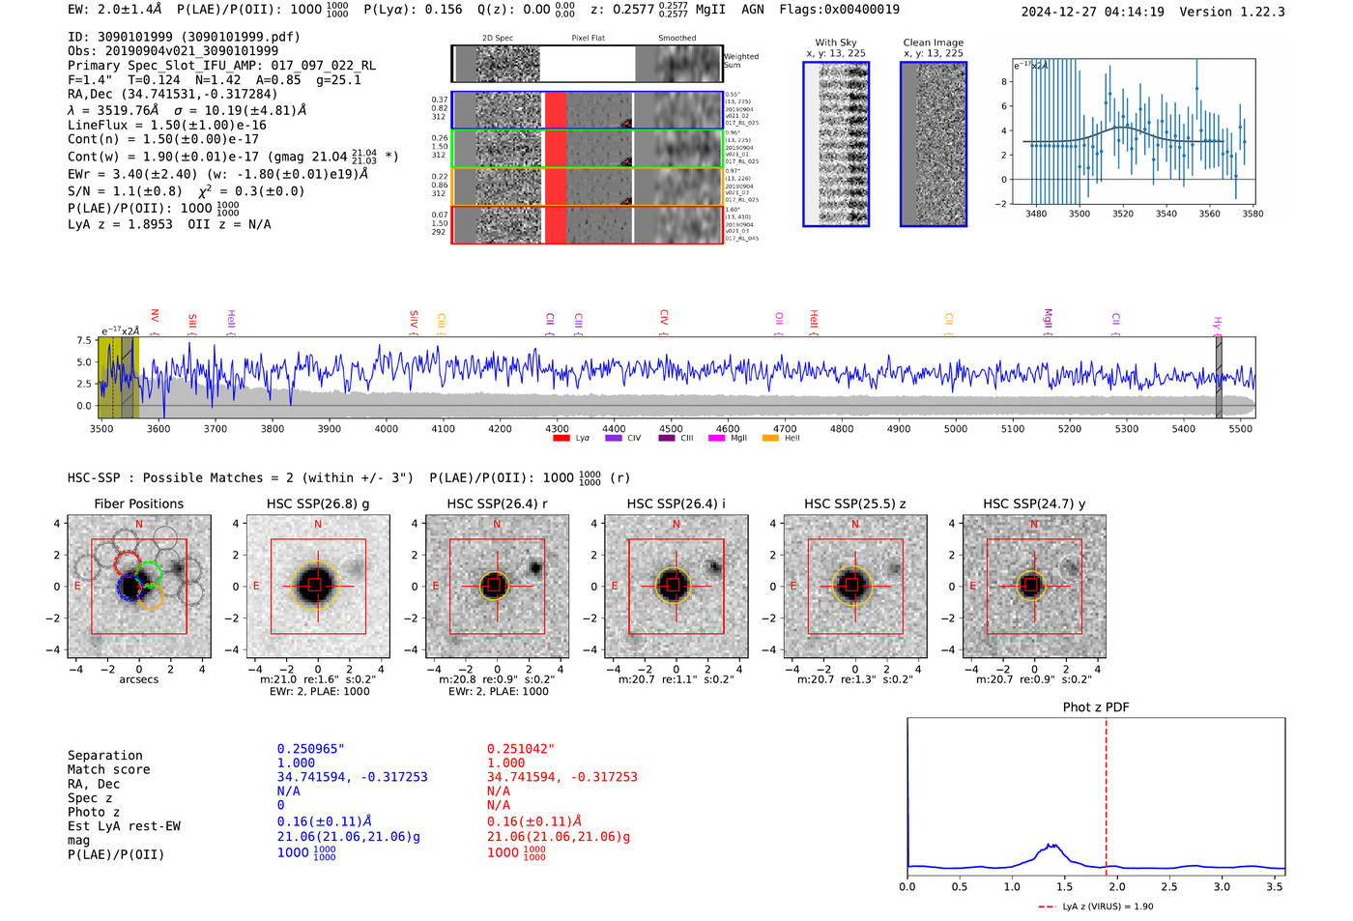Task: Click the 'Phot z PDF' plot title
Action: point(1096,707)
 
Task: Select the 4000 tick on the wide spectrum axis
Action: point(387,429)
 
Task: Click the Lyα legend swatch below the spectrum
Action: point(561,439)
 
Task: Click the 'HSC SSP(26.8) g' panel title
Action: point(318,504)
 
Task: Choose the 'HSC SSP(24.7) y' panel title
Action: point(1034,504)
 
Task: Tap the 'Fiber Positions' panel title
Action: point(138,504)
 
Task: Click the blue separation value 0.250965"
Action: point(311,749)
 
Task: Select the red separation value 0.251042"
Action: point(521,749)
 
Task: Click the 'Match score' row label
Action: point(108,770)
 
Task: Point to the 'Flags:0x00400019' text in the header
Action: point(839,10)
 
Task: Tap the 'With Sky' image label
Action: point(835,43)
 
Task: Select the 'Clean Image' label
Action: point(933,43)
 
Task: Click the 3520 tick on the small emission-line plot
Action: point(1123,214)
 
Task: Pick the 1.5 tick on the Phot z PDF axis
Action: point(1064,886)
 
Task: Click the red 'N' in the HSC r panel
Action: point(497,525)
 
